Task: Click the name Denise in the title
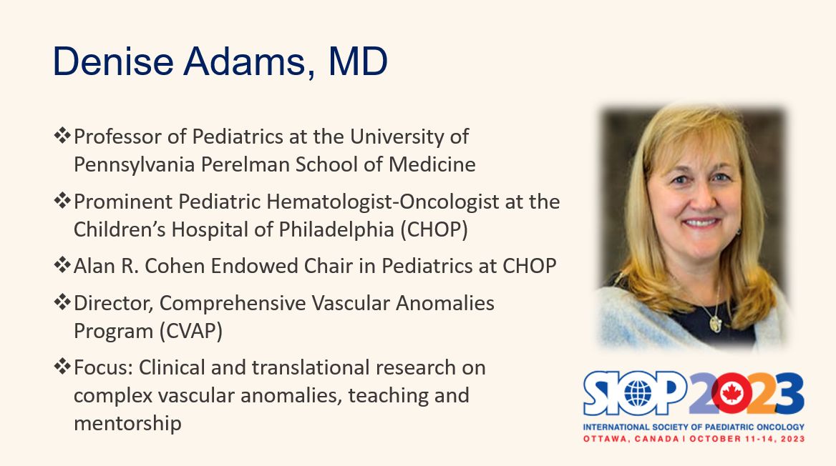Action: coord(113,61)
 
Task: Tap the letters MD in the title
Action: coord(358,61)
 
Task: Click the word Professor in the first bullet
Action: coord(118,137)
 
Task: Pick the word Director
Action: coord(114,304)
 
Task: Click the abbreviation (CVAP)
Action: coord(190,331)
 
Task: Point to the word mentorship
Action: coord(127,424)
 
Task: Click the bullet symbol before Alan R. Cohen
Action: coord(62,264)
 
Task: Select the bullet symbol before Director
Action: coord(62,302)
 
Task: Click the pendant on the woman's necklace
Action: coord(716,322)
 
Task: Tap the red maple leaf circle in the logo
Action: coord(731,394)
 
